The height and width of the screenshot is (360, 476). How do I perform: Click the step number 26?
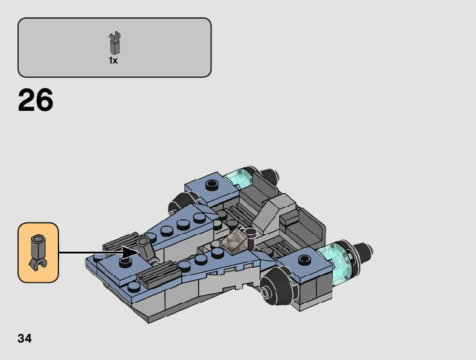(x=35, y=100)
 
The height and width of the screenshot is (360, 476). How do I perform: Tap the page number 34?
(x=25, y=338)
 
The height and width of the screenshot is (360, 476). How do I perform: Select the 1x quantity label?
(x=113, y=60)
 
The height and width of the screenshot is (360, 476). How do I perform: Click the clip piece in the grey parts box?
(x=114, y=44)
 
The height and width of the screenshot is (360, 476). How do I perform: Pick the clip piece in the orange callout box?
(x=37, y=252)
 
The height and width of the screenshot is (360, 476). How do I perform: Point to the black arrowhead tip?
(x=139, y=252)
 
